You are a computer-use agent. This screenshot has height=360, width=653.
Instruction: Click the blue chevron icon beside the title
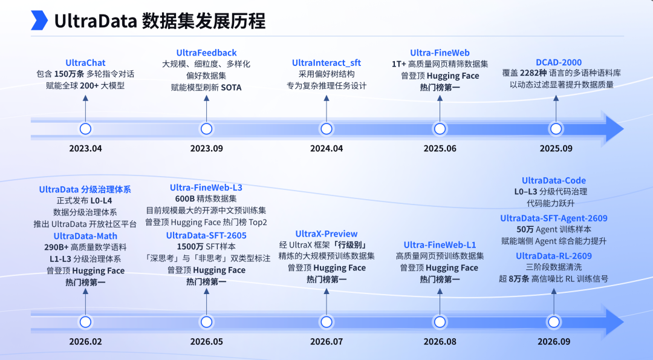click(x=39, y=21)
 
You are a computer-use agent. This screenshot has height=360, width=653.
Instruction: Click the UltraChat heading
click(x=85, y=63)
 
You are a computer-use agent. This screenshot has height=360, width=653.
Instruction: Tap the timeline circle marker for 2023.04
click(x=85, y=129)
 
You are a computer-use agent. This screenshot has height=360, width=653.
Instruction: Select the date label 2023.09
click(x=207, y=148)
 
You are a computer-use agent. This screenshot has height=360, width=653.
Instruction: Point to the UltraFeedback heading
click(x=207, y=53)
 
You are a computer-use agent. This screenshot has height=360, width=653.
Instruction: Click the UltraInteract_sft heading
click(x=326, y=63)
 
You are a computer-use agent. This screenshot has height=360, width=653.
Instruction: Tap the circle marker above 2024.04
click(x=326, y=129)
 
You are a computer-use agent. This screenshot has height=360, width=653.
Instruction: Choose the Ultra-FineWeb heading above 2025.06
click(x=440, y=53)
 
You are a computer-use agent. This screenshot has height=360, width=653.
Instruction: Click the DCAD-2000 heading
click(x=559, y=62)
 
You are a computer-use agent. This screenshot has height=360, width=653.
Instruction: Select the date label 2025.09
click(x=556, y=148)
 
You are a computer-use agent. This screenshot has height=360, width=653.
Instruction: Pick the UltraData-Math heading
click(x=85, y=236)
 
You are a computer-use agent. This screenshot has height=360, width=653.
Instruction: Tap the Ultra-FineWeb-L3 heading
click(x=206, y=188)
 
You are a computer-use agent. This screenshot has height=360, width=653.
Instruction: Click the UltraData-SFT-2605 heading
click(x=207, y=235)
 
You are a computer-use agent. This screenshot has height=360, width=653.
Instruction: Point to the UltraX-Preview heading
click(x=326, y=234)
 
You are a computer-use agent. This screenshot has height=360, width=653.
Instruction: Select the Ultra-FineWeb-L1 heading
click(x=440, y=245)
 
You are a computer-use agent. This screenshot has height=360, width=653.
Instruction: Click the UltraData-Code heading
click(x=554, y=180)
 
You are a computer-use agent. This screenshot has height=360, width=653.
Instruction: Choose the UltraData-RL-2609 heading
click(x=554, y=256)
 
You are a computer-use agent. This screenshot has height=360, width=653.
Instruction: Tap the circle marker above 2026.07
click(x=326, y=322)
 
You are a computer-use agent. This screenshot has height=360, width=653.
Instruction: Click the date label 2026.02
click(x=85, y=342)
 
